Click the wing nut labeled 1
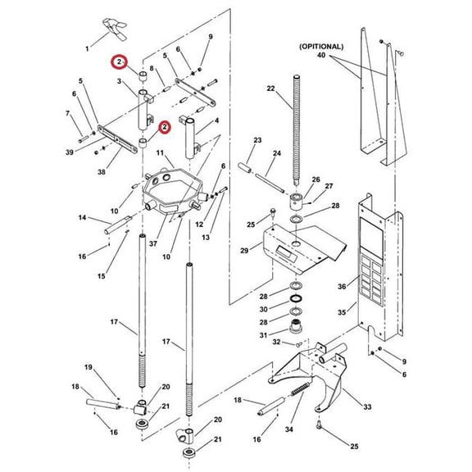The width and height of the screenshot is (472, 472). tap(115, 29)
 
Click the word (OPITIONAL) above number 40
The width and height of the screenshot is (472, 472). tap(321, 47)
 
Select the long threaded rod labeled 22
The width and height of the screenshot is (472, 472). tap(297, 130)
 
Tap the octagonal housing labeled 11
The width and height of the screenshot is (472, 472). tap(173, 192)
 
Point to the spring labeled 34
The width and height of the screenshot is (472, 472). tap(301, 390)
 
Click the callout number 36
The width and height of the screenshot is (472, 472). tap(342, 286)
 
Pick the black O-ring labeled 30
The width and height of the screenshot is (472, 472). tap(296, 298)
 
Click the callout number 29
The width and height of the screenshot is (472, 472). tap(244, 250)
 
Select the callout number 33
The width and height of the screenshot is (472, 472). tap(367, 407)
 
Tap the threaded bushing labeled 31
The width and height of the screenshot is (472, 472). tap(296, 326)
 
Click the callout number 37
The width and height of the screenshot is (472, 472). tap(153, 243)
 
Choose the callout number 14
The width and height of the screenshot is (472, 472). tap(82, 217)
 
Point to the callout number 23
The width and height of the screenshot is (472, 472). tap(257, 140)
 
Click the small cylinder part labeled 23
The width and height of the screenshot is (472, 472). tap(245, 168)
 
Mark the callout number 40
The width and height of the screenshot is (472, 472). tap(321, 55)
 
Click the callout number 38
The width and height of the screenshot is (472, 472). tap(102, 172)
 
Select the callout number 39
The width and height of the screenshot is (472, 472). tap(70, 152)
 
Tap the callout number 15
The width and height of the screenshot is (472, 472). tap(102, 275)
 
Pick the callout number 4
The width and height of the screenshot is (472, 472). tap(216, 120)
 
